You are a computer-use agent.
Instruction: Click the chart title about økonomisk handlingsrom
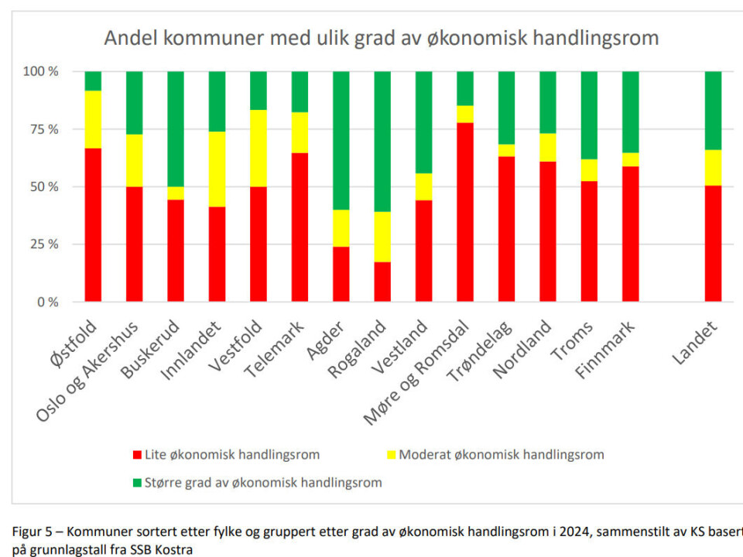[x=382, y=38]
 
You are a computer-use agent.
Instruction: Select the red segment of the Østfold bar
[x=93, y=224]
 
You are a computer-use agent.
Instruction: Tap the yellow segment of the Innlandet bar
[x=217, y=169]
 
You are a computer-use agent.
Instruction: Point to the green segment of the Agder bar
[x=341, y=140]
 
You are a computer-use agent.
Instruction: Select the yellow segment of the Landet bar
[x=713, y=167]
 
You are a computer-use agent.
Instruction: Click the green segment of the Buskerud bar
[x=176, y=128]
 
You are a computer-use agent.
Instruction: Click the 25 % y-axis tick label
[x=43, y=244]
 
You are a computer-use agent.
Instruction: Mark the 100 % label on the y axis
[x=41, y=72]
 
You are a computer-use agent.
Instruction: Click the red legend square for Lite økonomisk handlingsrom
[x=138, y=455]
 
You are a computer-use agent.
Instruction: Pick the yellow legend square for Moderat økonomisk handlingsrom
[x=392, y=455]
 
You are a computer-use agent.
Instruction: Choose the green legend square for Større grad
[x=138, y=484]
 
